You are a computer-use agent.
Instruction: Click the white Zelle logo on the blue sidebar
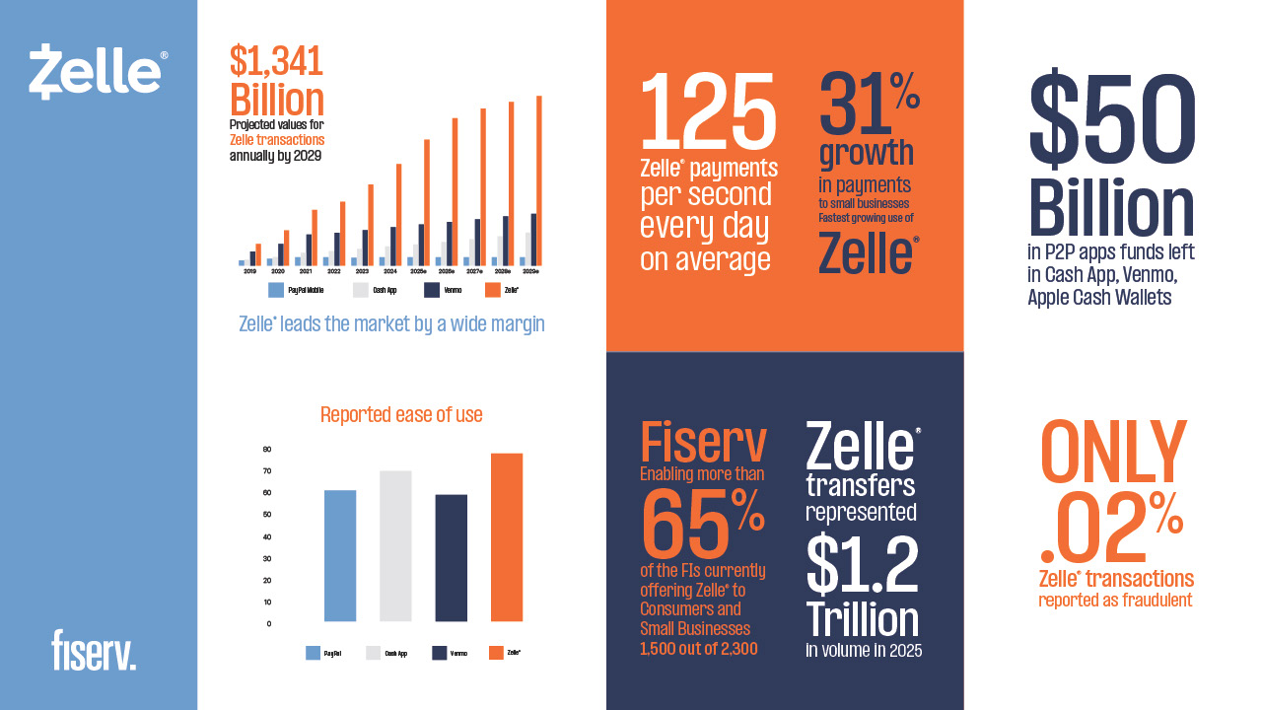(97, 72)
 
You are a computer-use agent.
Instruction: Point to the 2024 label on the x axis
(390, 270)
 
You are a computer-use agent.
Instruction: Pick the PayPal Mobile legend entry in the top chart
(297, 291)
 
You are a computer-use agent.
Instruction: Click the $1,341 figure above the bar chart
(277, 62)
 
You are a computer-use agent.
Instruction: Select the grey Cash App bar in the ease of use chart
(395, 546)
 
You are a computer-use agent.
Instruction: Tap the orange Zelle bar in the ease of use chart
(506, 537)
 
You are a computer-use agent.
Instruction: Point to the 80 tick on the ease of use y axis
(267, 449)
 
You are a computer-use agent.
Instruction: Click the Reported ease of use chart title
(401, 415)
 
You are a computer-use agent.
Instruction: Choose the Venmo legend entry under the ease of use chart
(450, 653)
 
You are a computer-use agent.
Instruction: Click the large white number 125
(708, 110)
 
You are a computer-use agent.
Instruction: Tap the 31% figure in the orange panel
(868, 103)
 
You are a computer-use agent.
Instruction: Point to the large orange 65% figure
(702, 524)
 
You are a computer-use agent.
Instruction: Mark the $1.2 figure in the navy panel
(863, 566)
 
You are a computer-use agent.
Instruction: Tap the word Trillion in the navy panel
(863, 619)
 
